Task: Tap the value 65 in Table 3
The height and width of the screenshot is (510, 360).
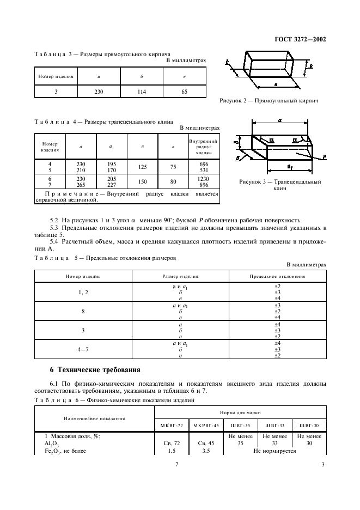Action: (185, 92)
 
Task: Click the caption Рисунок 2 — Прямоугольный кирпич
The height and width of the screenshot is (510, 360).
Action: (269, 101)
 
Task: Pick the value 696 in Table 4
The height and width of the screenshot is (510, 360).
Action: (204, 163)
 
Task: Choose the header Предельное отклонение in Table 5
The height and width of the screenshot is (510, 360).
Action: (277, 277)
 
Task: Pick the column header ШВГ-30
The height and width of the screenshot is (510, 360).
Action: (309, 425)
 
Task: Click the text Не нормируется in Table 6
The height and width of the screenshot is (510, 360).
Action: (274, 451)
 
